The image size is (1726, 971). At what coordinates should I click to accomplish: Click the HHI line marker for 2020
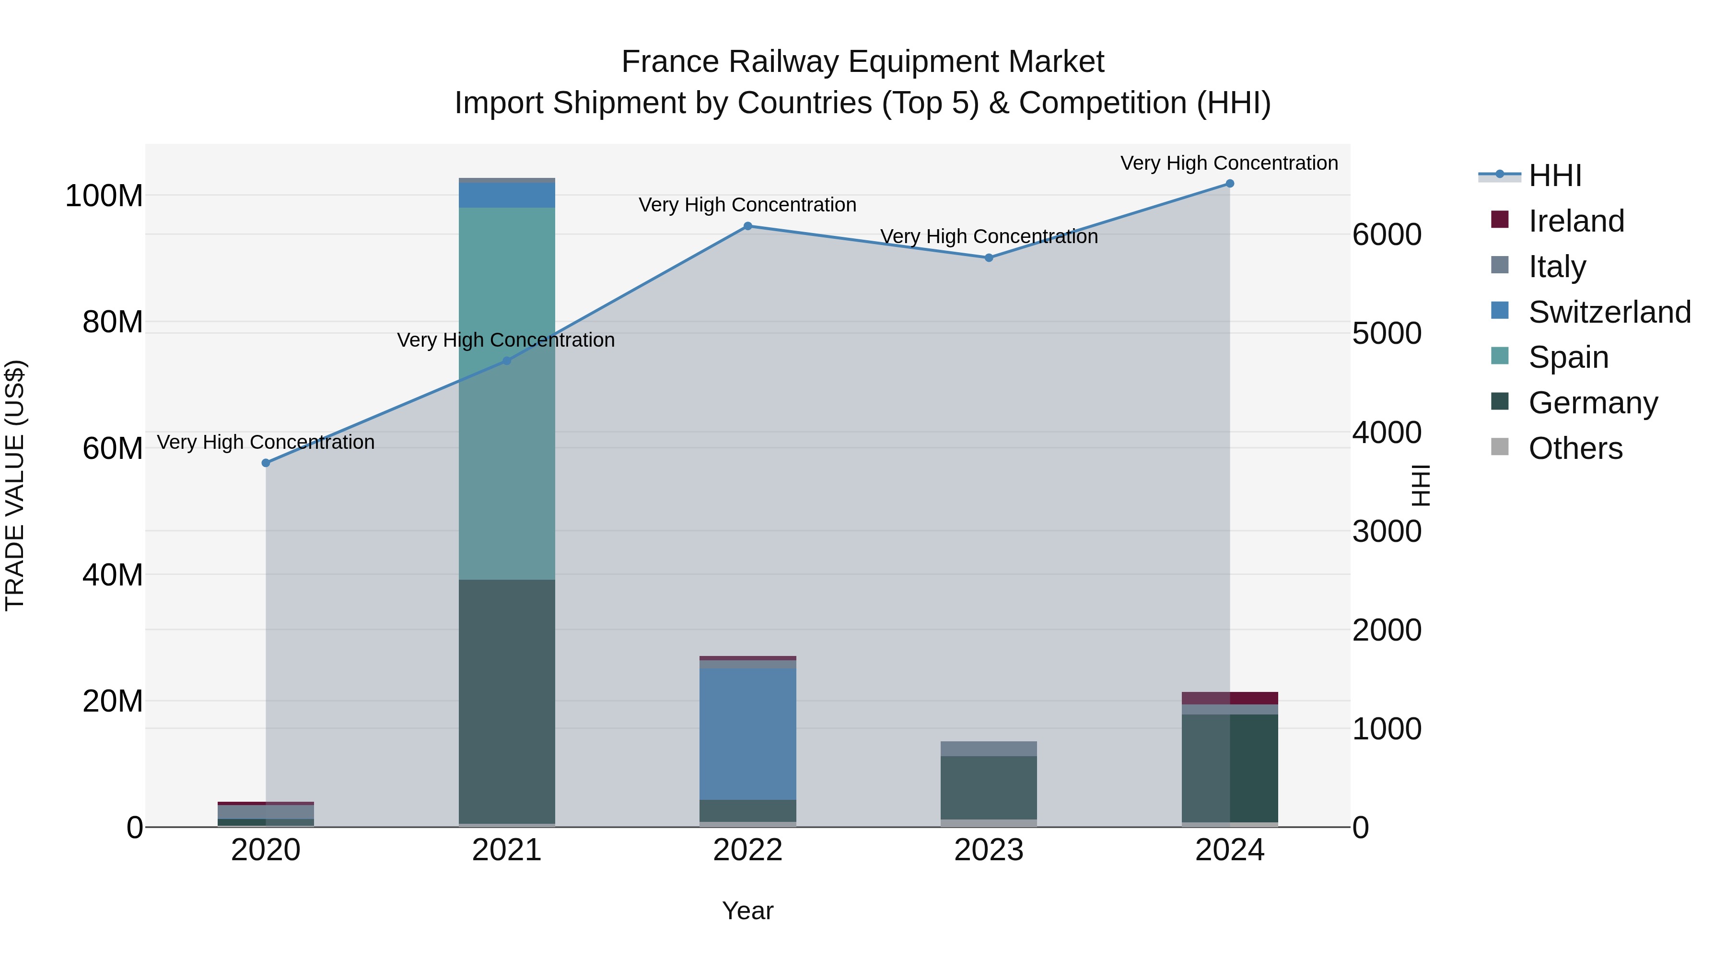[x=266, y=463]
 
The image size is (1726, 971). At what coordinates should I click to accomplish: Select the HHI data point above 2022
[x=748, y=226]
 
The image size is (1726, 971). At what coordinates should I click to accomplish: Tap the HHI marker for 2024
[x=1229, y=184]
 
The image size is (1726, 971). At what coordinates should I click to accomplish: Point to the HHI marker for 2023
[x=989, y=257]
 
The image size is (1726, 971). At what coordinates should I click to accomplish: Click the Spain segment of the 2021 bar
[x=507, y=393]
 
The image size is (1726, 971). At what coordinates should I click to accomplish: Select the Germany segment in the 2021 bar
[x=507, y=701]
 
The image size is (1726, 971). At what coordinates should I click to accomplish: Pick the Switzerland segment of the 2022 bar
[x=748, y=734]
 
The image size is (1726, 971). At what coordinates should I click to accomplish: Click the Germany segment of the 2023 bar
[x=989, y=787]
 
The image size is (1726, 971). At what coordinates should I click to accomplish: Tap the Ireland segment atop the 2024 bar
[x=1229, y=698]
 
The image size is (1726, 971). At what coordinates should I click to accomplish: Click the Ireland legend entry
[x=1576, y=221]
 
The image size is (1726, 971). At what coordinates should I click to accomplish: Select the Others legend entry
[x=1575, y=448]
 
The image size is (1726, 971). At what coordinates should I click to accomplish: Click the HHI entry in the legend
[x=1554, y=175]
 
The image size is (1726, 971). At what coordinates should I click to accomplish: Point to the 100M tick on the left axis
[x=104, y=196]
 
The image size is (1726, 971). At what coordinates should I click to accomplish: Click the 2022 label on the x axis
[x=748, y=850]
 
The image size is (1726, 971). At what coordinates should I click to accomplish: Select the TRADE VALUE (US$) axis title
[x=15, y=485]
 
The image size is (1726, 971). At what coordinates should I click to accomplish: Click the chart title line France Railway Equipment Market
[x=863, y=62]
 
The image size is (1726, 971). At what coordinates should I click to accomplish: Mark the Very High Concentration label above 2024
[x=1229, y=163]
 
